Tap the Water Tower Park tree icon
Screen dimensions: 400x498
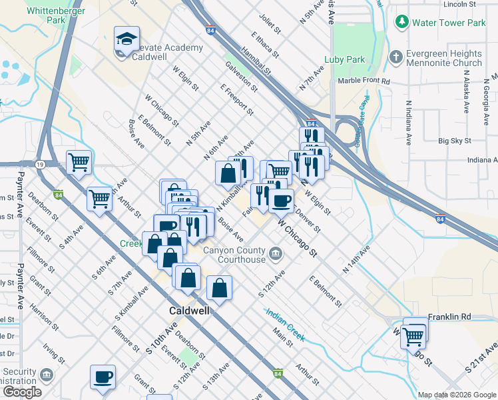[x=402, y=22]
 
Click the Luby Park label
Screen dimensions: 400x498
[x=344, y=59]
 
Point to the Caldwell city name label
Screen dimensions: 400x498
[x=189, y=311]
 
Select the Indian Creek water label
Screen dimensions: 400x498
[x=285, y=325]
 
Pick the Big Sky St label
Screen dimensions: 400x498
[x=455, y=141]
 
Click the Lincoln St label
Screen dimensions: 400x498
[x=460, y=4]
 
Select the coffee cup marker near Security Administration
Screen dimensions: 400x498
[x=103, y=377]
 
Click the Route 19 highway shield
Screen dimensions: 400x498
[x=41, y=164]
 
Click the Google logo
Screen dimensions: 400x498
[x=22, y=392]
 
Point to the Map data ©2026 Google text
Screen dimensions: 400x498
[x=457, y=394]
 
